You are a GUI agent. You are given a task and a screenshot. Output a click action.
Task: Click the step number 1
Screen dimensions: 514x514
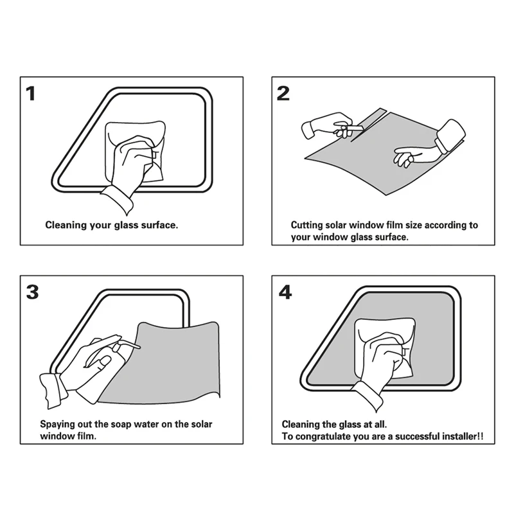tap(31, 93)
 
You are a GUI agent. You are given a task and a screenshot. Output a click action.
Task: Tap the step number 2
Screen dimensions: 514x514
tap(283, 93)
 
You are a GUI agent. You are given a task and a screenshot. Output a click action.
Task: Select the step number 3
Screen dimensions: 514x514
tap(33, 292)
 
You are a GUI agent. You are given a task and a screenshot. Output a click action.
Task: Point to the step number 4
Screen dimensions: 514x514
tap(285, 292)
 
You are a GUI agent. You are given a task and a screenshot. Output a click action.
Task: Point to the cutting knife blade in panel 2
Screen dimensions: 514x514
tap(355, 128)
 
